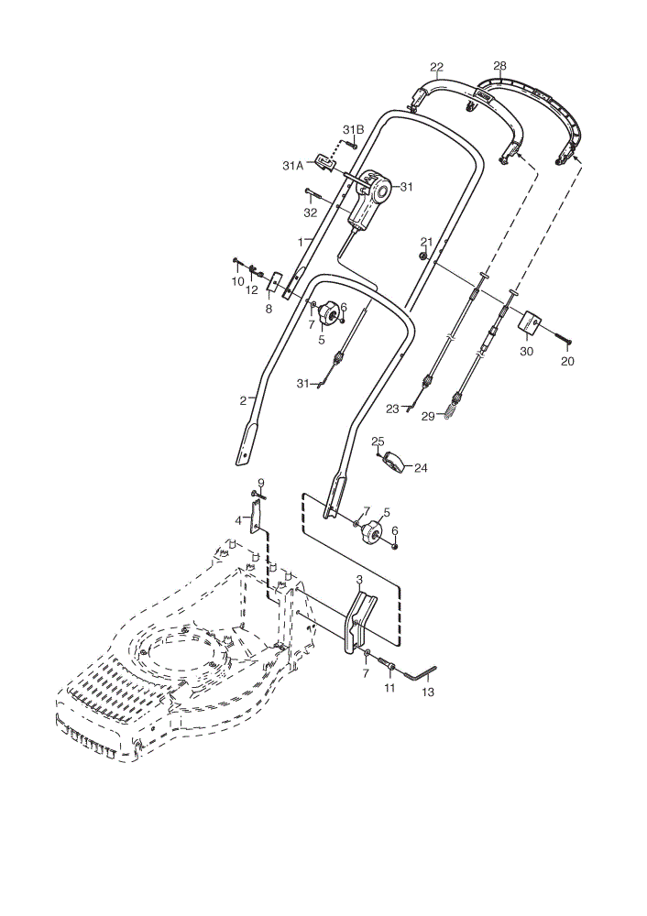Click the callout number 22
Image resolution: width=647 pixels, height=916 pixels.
tap(436, 67)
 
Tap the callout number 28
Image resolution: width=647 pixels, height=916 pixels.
tap(499, 65)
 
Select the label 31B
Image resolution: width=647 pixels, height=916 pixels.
tap(353, 130)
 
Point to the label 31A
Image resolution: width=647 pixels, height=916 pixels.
tap(293, 166)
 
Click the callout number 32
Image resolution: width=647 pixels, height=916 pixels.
tap(311, 213)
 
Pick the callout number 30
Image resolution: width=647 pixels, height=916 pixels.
tap(527, 352)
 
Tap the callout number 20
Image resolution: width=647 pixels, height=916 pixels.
tap(567, 362)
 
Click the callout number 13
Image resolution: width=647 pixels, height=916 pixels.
tap(428, 692)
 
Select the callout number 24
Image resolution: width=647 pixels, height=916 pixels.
tap(421, 468)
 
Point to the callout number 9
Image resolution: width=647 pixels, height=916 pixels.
tap(261, 482)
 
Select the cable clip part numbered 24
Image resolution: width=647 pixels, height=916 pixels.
tap(394, 461)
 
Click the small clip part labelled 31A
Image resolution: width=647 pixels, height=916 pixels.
tap(324, 162)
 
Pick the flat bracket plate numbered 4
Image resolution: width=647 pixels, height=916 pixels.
tap(255, 516)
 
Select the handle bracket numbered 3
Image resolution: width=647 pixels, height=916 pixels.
tap(356, 621)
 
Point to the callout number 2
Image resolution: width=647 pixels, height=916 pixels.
tap(243, 401)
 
